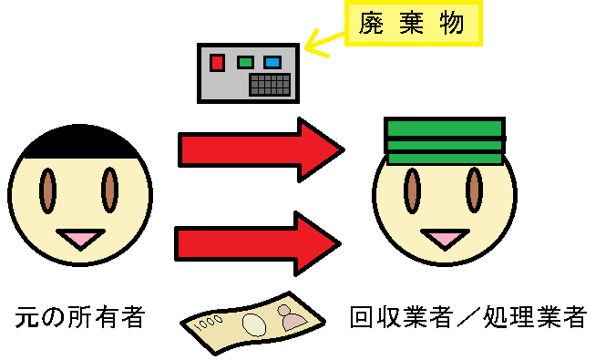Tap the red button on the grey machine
tap(217, 63)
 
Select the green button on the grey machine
tap(244, 63)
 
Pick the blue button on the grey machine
tap(272, 63)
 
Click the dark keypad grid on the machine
tap(270, 84)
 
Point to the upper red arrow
tap(260, 149)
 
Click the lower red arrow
tap(257, 242)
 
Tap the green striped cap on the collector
tap(444, 141)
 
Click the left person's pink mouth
tap(80, 240)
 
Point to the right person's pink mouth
tap(444, 240)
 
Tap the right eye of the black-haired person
tap(110, 190)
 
